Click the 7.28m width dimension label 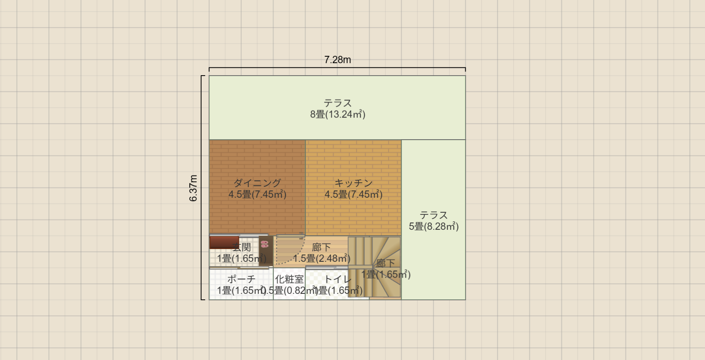338,60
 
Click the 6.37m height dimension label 194,188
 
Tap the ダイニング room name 257,183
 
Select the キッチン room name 353,183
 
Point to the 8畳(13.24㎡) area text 338,114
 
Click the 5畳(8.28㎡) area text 434,226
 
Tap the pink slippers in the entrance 264,244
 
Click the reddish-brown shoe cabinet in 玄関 224,242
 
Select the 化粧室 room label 289,279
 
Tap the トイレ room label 338,279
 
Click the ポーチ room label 241,279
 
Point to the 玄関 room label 242,247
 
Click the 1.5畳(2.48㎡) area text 321,258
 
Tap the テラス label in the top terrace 338,103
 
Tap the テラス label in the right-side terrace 434,215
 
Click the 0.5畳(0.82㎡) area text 289,291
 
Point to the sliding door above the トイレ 326,268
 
